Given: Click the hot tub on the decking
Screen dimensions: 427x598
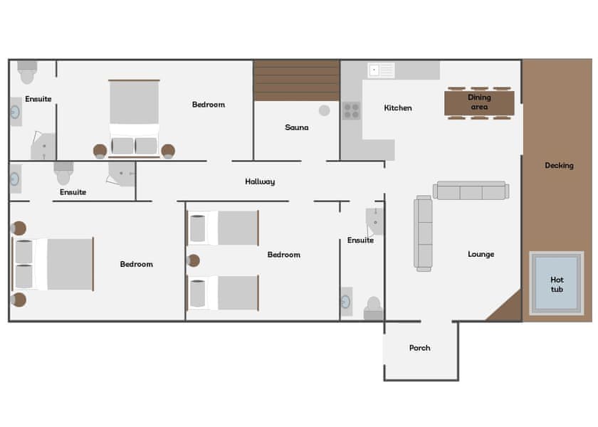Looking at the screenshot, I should click(557, 285).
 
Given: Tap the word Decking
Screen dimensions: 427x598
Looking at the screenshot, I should click(559, 166).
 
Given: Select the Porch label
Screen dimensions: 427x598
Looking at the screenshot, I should click(420, 348).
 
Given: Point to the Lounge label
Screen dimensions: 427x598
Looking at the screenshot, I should click(481, 254).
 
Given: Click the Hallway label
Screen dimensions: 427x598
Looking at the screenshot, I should click(260, 181).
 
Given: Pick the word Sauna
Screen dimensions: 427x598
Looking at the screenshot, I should click(297, 127).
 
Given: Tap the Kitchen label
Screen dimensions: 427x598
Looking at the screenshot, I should click(398, 108).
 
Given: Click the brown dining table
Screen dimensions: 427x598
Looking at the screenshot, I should click(479, 102).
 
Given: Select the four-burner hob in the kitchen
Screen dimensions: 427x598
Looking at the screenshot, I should click(352, 110).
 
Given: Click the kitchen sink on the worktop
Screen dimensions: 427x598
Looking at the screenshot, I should click(381, 70).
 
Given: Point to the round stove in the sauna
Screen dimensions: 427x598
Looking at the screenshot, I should click(324, 110).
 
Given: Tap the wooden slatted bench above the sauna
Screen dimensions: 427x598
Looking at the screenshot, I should click(296, 80).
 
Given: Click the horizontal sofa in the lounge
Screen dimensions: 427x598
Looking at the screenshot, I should click(471, 191).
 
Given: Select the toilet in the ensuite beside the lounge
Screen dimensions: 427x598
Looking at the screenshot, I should click(373, 308).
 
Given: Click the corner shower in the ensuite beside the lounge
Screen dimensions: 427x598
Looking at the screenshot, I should click(375, 221).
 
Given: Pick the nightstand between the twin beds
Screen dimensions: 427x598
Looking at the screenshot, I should click(193, 260).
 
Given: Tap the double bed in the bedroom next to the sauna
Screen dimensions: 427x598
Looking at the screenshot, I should click(134, 117).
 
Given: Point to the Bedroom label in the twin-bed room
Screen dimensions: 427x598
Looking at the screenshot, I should click(283, 255).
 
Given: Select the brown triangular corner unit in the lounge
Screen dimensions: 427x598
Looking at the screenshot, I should click(507, 308).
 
